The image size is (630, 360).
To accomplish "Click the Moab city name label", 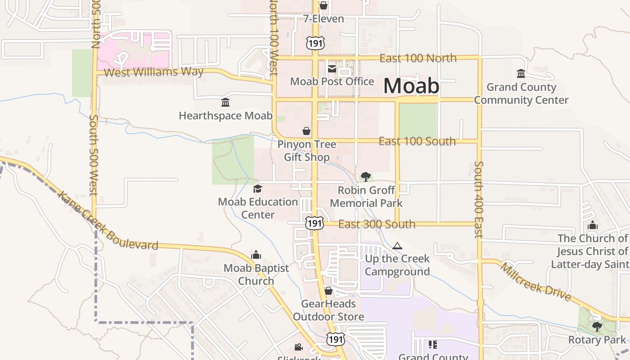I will (x=411, y=86).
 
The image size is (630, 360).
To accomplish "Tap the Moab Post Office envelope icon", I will (x=332, y=68).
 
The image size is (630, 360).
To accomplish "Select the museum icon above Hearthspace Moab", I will (x=225, y=103).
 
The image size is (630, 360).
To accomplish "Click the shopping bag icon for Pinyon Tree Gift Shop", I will (x=306, y=131).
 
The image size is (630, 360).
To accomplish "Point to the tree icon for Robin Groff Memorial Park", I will (x=366, y=176).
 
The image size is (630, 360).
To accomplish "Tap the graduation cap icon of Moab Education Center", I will (x=257, y=189).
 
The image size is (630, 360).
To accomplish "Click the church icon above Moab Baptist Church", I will (x=256, y=255).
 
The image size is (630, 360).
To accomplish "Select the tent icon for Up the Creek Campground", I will (x=397, y=246).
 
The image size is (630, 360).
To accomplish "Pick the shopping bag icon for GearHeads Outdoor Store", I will (x=328, y=291).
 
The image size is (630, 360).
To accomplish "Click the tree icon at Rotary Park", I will (x=597, y=326).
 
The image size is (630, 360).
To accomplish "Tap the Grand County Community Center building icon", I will (x=521, y=74).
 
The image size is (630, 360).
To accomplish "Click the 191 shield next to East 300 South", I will (x=314, y=223).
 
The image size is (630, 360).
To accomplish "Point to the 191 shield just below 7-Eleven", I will (x=315, y=43).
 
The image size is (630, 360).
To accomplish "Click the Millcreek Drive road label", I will (x=535, y=282).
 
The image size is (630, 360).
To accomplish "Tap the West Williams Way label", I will (x=153, y=72).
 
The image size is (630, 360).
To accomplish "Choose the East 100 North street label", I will (x=418, y=58).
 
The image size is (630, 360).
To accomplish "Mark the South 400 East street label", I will (x=478, y=199).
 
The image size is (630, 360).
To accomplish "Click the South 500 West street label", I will (x=94, y=155).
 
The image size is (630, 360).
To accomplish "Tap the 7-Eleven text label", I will (x=324, y=19).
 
